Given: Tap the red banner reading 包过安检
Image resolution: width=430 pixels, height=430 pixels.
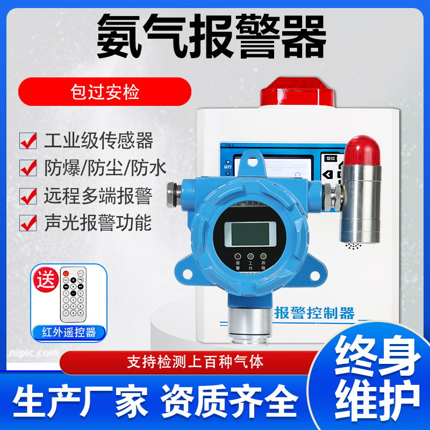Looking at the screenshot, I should (105, 92).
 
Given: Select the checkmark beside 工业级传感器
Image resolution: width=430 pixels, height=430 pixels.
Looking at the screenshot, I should (28, 141).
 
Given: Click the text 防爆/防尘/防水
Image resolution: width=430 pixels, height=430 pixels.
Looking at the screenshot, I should (105, 168).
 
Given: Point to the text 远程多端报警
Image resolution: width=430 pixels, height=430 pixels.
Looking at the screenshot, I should (98, 196).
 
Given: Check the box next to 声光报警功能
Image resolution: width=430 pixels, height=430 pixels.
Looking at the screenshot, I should (28, 223).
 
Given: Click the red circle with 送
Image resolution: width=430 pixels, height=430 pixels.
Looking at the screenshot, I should (46, 279).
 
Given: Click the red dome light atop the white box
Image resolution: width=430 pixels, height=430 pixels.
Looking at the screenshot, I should (291, 91).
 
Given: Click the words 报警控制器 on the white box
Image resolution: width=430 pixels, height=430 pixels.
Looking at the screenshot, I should (314, 312).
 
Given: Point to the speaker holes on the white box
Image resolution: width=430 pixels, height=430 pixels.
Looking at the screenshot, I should (353, 247).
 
